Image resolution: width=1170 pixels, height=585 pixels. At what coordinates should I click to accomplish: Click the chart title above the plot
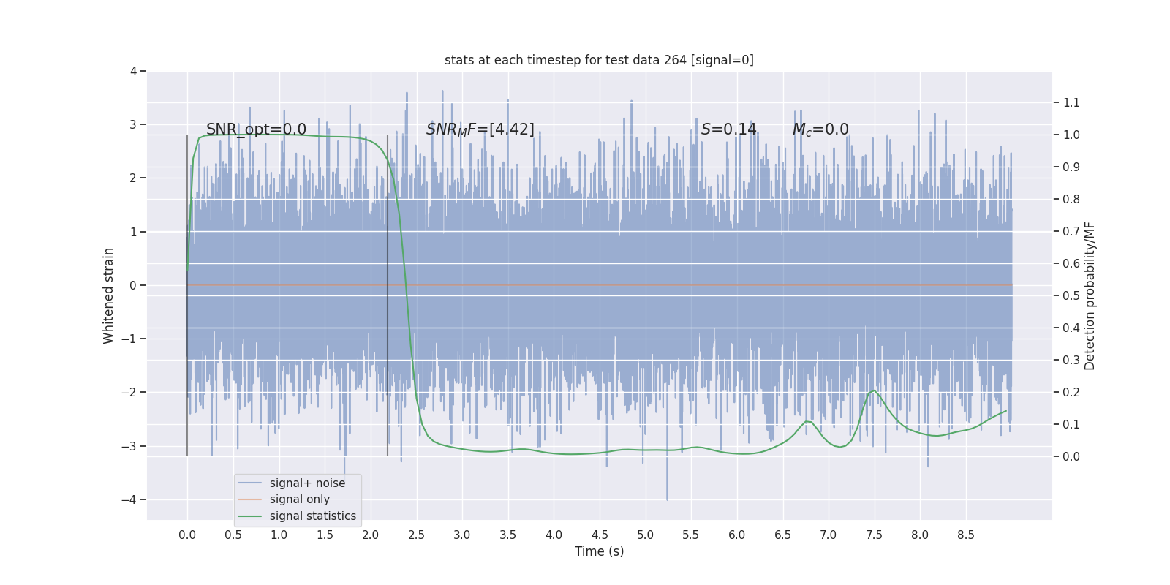[599, 60]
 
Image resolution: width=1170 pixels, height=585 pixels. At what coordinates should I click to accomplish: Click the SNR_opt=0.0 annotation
[256, 129]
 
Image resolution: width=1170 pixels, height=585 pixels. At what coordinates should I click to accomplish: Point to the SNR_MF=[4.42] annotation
[480, 129]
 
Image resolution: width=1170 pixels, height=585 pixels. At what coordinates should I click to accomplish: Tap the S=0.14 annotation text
[728, 129]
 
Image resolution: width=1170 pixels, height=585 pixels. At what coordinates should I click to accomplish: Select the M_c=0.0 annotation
[820, 129]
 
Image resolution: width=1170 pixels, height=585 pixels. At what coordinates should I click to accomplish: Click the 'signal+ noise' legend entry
[307, 483]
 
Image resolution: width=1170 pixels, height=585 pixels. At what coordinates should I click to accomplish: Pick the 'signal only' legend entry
[299, 499]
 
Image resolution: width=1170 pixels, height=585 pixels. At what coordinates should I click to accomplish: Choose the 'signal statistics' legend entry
[312, 516]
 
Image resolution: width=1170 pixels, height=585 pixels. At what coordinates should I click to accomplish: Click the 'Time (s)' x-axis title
[599, 551]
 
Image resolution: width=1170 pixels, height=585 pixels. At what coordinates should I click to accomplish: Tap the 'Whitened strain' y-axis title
[109, 295]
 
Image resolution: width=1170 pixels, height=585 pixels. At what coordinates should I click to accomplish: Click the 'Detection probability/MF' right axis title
[1090, 295]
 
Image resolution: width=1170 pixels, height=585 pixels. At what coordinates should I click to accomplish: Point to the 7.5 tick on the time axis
[874, 535]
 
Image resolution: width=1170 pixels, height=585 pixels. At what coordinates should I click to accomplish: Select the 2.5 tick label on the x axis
[416, 535]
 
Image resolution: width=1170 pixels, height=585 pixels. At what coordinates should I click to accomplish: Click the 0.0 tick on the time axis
[187, 535]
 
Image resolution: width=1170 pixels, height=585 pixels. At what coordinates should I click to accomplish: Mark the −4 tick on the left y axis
[132, 499]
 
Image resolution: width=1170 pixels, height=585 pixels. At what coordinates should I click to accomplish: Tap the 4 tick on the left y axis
[133, 71]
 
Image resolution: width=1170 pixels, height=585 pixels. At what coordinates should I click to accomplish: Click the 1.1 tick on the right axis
[1071, 102]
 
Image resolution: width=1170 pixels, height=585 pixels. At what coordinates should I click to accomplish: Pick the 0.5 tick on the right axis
[1071, 295]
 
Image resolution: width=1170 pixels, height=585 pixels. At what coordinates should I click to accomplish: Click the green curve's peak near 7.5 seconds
[874, 390]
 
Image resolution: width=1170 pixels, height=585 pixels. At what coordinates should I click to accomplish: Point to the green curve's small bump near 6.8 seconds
[808, 421]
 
